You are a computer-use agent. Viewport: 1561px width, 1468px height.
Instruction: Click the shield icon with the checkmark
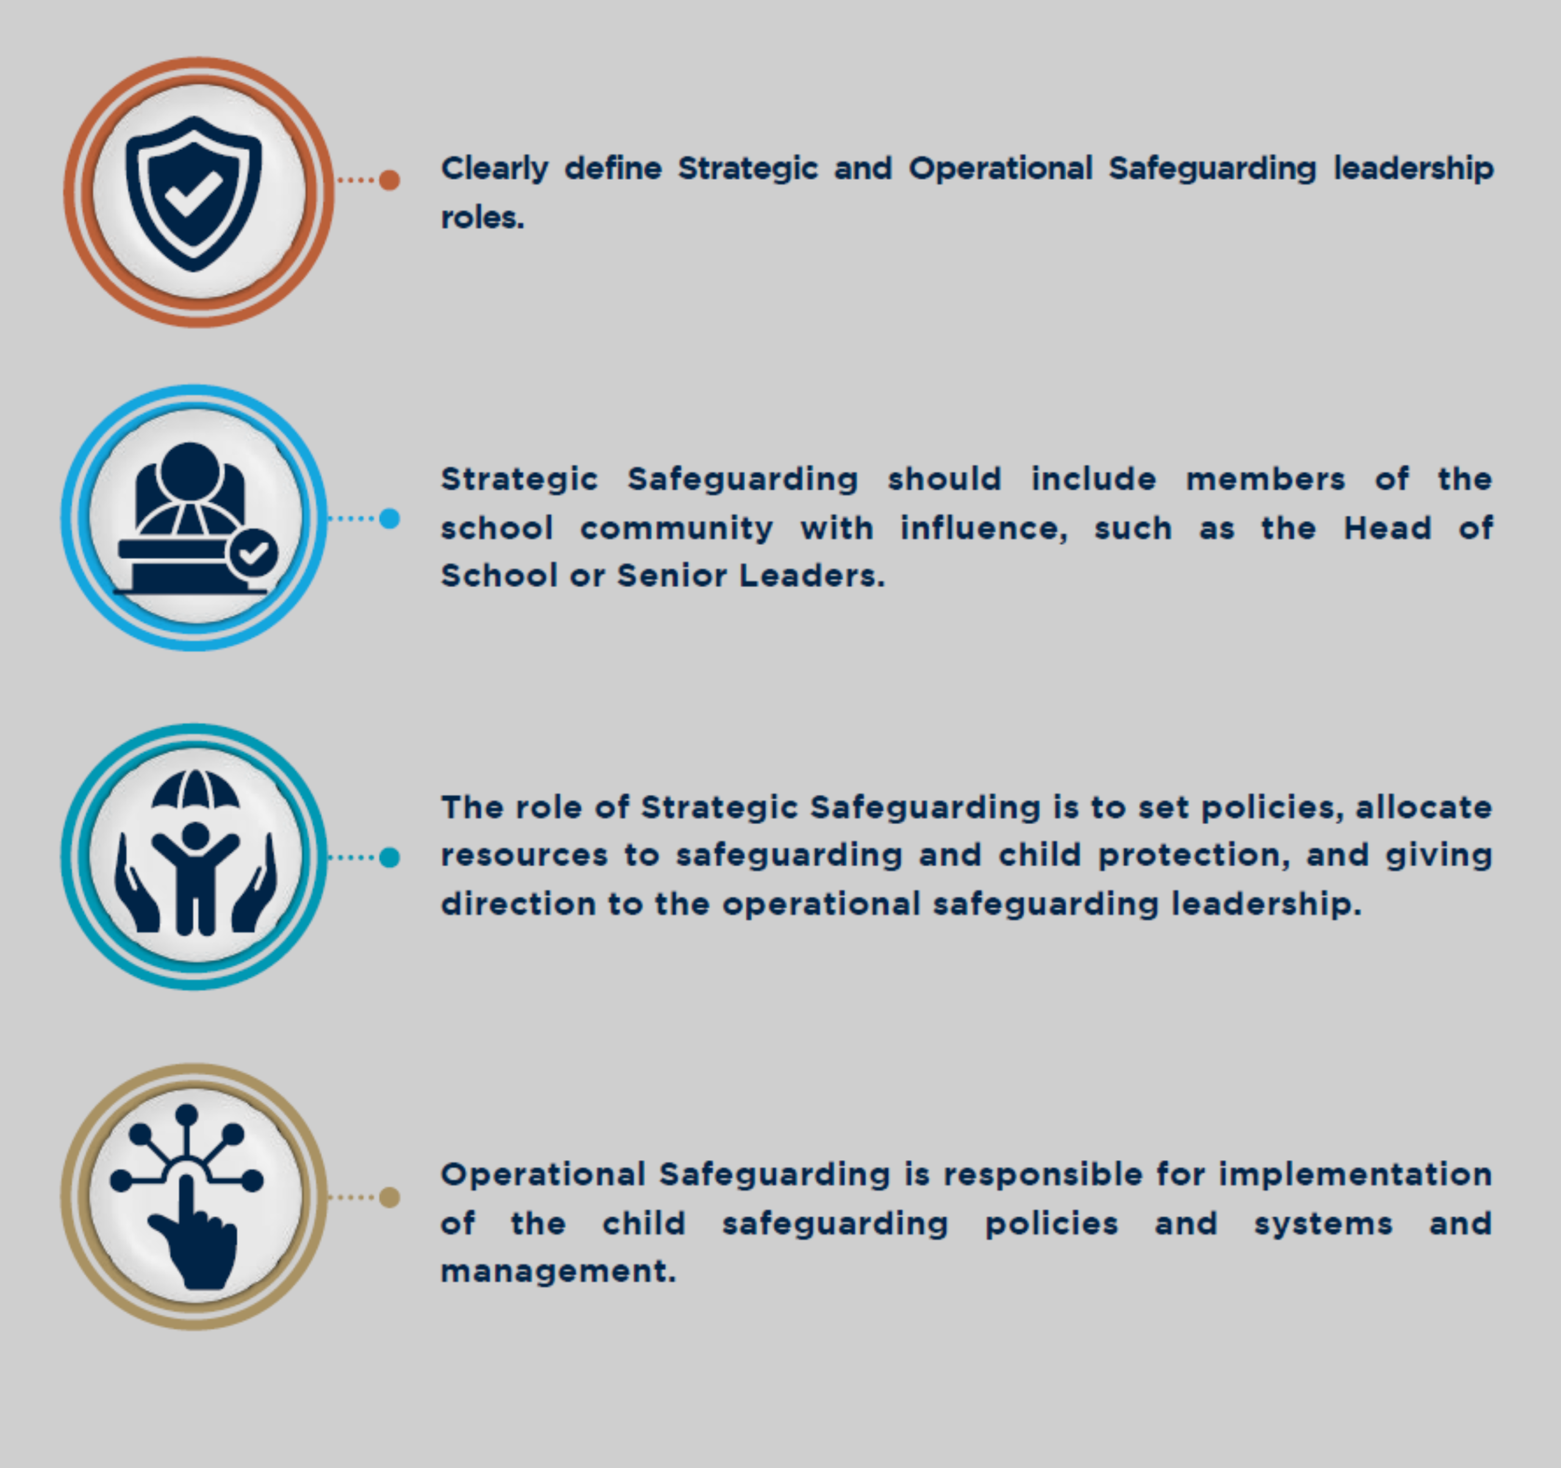coord(193,193)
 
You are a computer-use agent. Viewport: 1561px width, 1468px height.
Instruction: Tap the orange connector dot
coord(390,180)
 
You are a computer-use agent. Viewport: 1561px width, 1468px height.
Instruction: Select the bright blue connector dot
coord(390,518)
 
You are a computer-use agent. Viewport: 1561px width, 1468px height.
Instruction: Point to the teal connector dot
coord(390,857)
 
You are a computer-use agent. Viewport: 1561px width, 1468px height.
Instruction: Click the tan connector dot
coord(390,1197)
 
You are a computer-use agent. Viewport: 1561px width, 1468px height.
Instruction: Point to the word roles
coord(482,218)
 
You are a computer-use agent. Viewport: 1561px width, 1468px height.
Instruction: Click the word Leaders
coord(812,576)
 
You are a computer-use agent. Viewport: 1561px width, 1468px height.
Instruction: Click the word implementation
coord(1356,1175)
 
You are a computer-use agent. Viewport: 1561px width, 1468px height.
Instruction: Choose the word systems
coord(1323,1225)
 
